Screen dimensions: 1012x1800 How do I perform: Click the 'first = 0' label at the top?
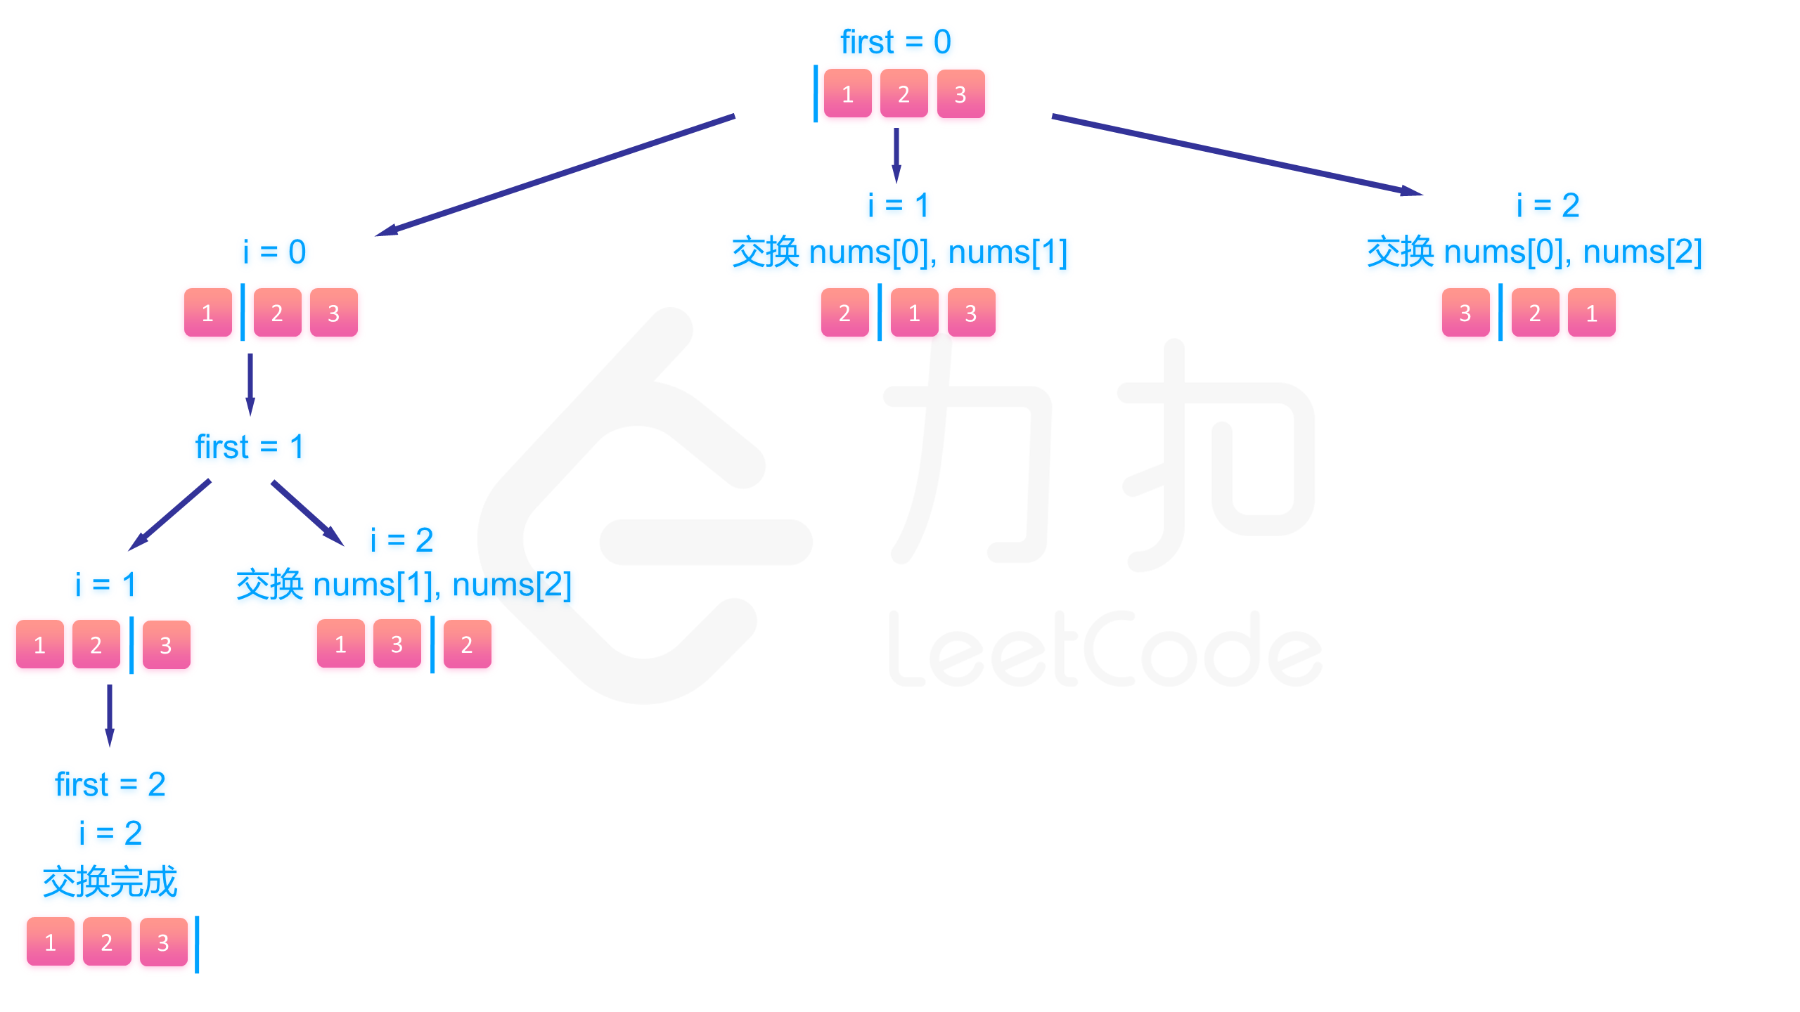895,42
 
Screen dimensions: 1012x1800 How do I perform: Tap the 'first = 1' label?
250,447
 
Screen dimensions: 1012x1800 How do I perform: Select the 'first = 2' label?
110,784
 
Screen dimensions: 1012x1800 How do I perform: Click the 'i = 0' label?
274,252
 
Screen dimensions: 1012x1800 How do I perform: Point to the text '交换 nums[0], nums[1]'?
899,252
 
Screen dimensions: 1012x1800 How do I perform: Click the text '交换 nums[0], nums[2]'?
1534,252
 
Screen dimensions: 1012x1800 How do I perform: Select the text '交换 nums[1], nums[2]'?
404,585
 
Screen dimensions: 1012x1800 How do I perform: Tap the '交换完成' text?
110,882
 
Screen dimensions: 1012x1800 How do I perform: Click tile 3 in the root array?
960,94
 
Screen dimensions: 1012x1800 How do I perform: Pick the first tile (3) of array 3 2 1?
1465,313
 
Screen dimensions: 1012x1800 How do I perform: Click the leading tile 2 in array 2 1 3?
844,313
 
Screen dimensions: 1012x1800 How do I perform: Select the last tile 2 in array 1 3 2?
467,644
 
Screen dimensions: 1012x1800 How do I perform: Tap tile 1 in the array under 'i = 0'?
207,313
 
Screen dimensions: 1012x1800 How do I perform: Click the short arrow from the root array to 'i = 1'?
896,155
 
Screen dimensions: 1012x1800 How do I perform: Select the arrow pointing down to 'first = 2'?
110,715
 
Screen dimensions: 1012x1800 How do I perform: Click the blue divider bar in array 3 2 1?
1500,313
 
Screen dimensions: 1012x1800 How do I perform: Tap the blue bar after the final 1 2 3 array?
197,944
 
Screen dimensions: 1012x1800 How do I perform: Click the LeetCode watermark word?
1104,650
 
